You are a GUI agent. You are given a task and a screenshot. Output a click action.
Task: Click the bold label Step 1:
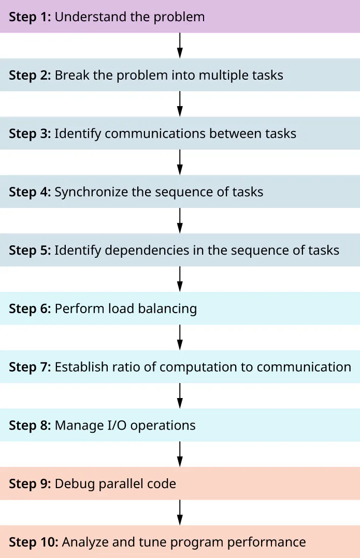point(30,17)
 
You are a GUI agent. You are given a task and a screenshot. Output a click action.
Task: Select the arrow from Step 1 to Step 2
point(180,46)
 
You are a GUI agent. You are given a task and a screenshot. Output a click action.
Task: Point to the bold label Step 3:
point(30,134)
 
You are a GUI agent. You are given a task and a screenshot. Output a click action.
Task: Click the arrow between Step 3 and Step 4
point(180,163)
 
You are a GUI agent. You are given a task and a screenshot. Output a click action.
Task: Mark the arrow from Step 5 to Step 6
point(180,280)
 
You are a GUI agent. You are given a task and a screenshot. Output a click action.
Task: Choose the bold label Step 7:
point(30,368)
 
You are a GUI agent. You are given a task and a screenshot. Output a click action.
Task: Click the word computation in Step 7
point(200,368)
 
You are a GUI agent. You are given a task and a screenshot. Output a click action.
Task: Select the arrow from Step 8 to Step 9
point(180,454)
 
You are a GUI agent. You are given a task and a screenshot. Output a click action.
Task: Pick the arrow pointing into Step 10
point(180,513)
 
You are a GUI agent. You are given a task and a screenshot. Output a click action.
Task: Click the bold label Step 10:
point(33,542)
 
